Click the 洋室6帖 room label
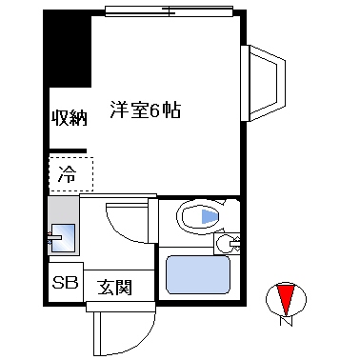coord(144,110)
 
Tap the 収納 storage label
coord(70,118)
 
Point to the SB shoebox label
coord(65,283)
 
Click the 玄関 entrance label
coord(113,286)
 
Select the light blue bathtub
coord(200,273)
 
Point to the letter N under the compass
coord(285,322)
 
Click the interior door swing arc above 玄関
coord(124,224)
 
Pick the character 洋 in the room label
coord(118,110)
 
